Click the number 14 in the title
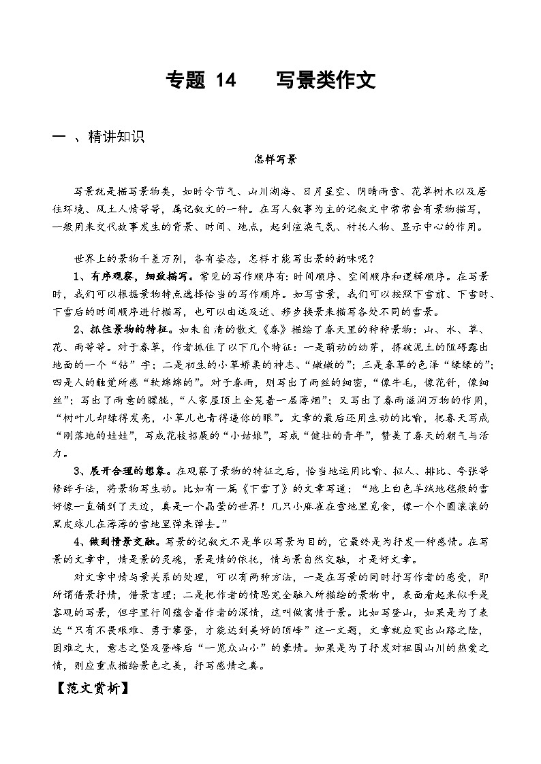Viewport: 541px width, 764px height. click(224, 82)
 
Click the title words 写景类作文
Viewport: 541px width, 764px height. click(326, 82)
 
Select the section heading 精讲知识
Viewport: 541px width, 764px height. click(116, 137)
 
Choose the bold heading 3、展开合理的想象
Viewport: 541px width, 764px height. click(123, 471)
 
